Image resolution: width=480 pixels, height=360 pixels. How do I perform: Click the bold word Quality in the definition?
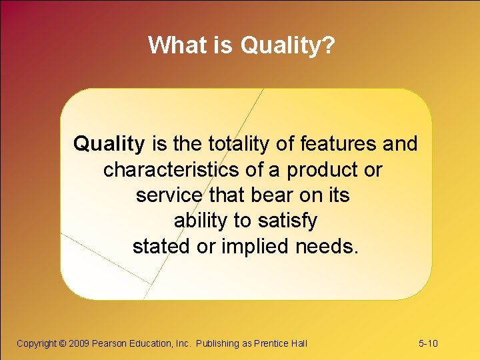(109, 143)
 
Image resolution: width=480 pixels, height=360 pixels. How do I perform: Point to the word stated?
(161, 246)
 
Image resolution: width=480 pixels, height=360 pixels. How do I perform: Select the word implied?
(254, 246)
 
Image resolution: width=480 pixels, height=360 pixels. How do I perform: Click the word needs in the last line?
(328, 246)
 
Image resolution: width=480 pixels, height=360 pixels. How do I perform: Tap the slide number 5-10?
(428, 343)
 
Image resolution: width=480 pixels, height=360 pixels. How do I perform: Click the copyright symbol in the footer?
(63, 343)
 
